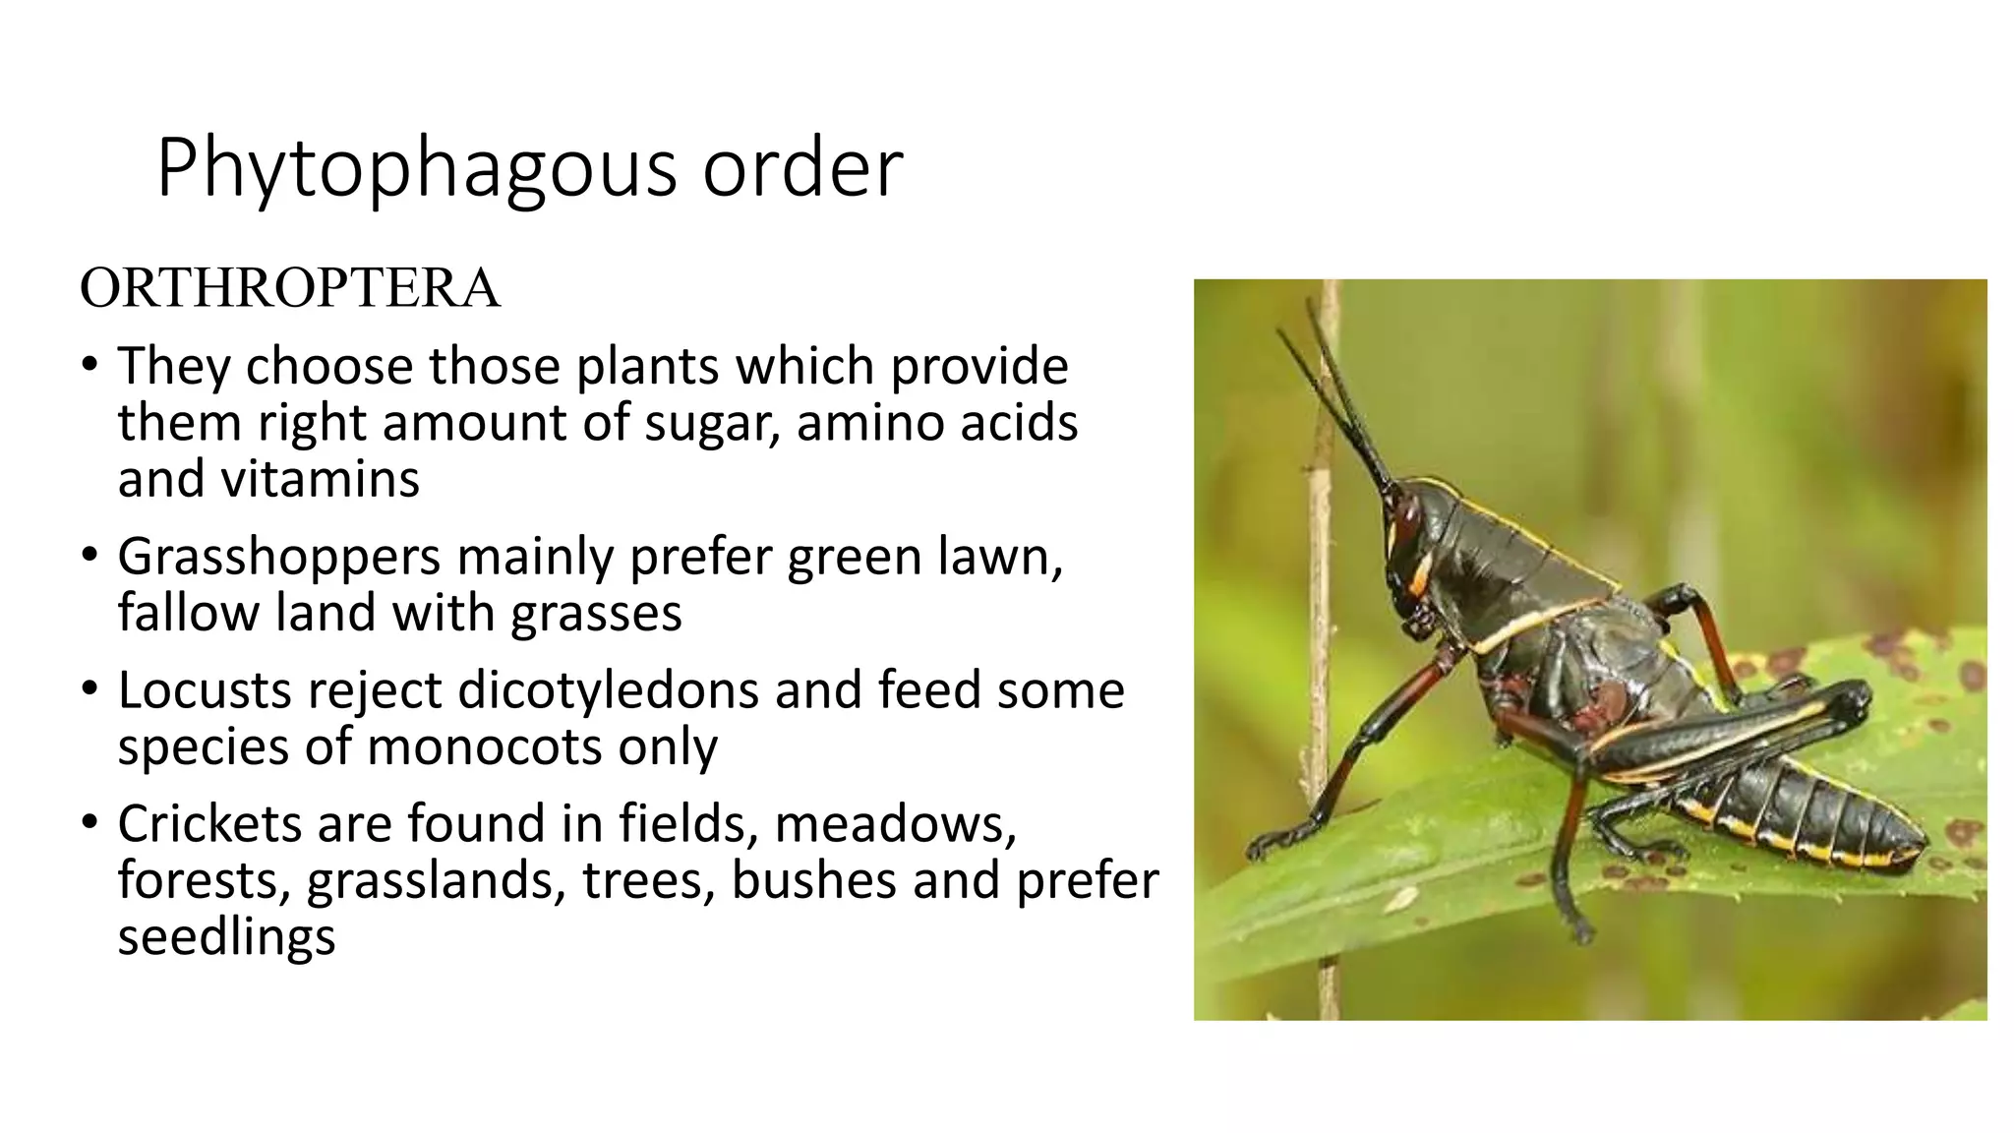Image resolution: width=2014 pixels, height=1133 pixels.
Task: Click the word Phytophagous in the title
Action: pos(417,169)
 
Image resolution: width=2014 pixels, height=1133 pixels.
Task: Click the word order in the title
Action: pos(802,169)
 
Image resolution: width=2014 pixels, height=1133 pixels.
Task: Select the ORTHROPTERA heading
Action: pos(290,288)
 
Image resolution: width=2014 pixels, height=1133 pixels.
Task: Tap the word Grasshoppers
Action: pos(278,558)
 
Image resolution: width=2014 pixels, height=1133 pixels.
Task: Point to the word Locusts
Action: pos(205,690)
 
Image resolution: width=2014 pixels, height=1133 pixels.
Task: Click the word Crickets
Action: pos(207,823)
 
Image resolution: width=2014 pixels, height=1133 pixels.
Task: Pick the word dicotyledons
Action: pos(608,690)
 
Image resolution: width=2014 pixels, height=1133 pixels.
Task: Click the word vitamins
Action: pos(321,480)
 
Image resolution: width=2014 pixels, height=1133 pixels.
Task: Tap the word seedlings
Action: pos(226,937)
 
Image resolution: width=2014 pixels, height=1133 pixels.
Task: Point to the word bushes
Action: pos(812,880)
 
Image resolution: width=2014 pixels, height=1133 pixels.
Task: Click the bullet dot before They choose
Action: pos(89,365)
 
